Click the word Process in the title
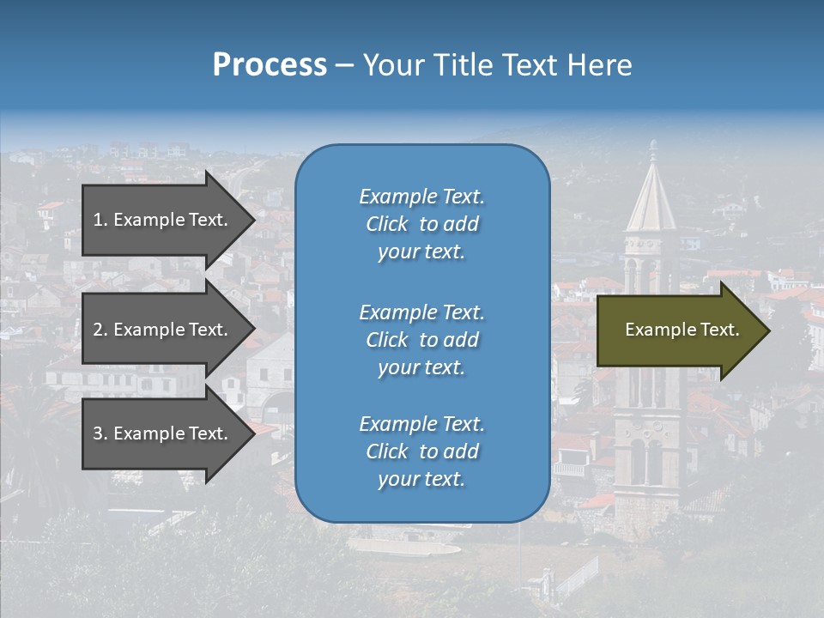tap(270, 65)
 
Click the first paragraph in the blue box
tap(421, 224)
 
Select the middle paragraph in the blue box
tap(421, 340)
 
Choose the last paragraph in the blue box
tap(421, 451)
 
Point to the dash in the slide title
tap(344, 66)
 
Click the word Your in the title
tap(391, 65)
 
